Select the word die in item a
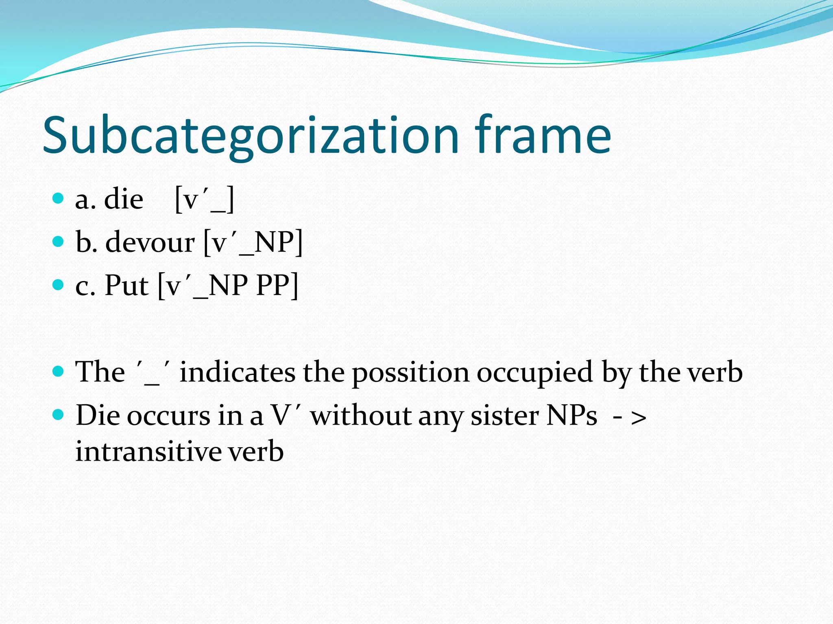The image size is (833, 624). [x=124, y=199]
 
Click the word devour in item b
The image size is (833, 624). [x=150, y=243]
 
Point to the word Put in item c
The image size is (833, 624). [x=126, y=286]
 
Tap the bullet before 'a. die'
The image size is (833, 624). [x=59, y=198]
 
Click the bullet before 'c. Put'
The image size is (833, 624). [x=59, y=285]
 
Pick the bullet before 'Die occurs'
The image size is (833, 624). [x=59, y=415]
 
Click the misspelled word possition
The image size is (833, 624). [x=410, y=373]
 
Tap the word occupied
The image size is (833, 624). [x=534, y=373]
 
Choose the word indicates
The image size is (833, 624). [x=238, y=372]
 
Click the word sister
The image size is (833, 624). [x=504, y=416]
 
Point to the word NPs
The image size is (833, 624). [x=572, y=416]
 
